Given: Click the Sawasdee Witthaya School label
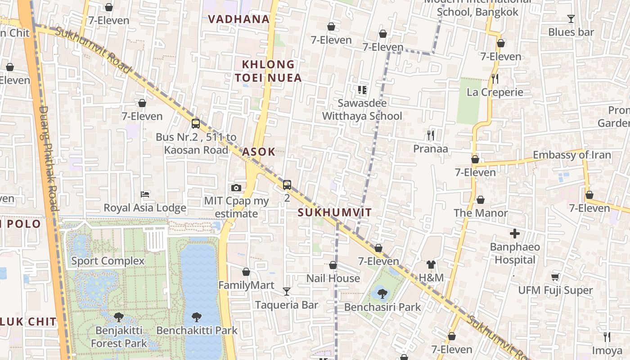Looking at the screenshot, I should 362,110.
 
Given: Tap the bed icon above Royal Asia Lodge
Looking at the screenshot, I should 145,194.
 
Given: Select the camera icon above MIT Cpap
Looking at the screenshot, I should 236,188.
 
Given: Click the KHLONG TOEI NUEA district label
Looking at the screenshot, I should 268,71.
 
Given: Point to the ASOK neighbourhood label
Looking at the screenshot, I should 259,152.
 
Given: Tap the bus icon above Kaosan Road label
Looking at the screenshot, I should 196,124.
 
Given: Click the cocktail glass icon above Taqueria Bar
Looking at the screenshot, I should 287,292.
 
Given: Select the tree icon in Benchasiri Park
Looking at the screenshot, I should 382,294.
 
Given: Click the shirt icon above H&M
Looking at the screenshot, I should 431,265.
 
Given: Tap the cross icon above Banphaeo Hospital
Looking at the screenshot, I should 515,234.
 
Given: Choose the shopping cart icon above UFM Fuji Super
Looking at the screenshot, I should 555,277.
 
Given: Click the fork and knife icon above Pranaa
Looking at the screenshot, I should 431,135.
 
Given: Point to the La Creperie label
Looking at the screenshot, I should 495,92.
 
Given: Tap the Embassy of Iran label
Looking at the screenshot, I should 572,155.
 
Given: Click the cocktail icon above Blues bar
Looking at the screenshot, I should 571,19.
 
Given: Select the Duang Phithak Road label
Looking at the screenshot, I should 49,157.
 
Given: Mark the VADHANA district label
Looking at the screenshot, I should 239,19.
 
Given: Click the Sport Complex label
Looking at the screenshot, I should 108,261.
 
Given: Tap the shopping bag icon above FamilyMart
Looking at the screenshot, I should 246,272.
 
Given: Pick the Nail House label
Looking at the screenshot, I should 333,279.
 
